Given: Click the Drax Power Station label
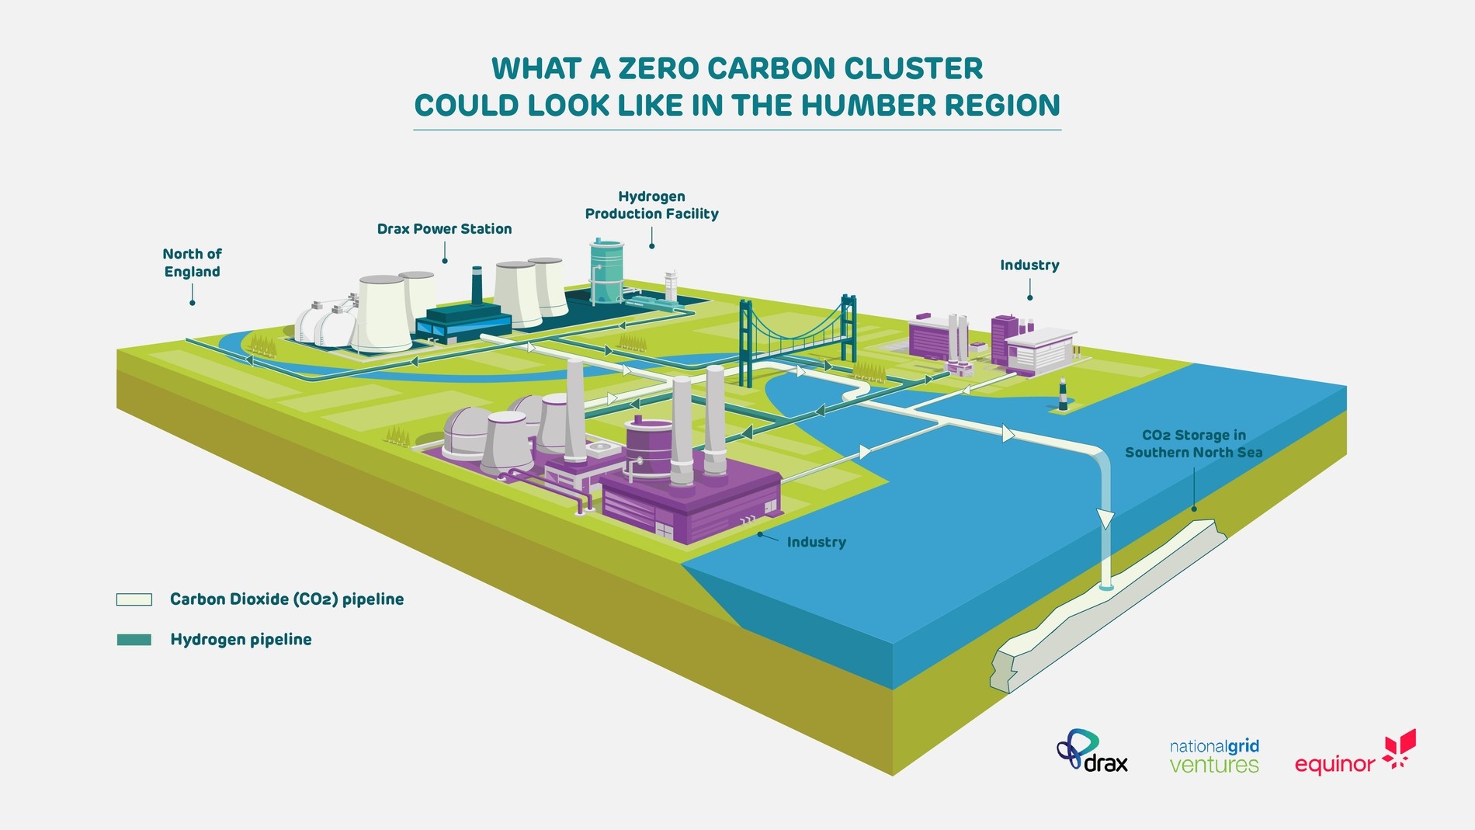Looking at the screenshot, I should click(x=444, y=229).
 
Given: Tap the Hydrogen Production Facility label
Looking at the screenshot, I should click(x=651, y=205).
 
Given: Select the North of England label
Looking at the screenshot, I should click(x=192, y=262).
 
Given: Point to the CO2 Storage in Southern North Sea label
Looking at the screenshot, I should click(x=1193, y=444).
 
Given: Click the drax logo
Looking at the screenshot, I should click(x=1092, y=752).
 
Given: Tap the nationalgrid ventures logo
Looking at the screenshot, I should click(x=1214, y=756).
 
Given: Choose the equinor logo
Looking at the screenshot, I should click(x=1355, y=754).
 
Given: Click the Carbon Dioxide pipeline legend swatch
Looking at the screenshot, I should click(x=134, y=599).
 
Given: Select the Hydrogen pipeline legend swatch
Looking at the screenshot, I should click(x=134, y=640).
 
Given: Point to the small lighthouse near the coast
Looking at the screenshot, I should click(x=1063, y=394).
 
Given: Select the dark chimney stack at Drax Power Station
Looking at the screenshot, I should click(x=477, y=287).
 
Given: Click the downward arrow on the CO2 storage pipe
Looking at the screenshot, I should click(x=1105, y=519).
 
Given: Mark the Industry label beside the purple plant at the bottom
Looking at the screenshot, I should click(x=816, y=542).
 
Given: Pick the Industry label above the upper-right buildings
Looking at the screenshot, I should click(x=1029, y=266).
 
